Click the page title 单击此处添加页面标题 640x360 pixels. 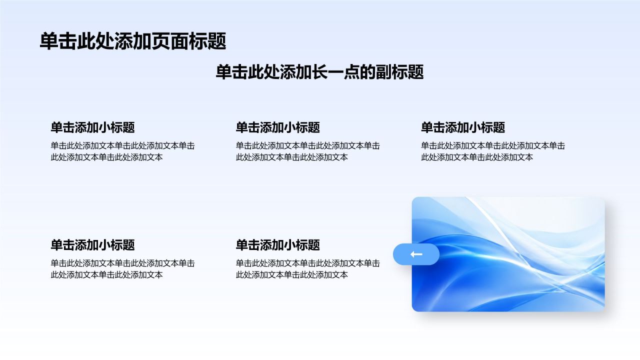point(133,41)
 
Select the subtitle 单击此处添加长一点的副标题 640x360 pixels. point(319,72)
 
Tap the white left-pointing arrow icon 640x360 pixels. point(416,254)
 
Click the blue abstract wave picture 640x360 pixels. point(508,254)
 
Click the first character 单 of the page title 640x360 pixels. point(49,41)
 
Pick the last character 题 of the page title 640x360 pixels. point(217,41)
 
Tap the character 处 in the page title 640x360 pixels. point(105,41)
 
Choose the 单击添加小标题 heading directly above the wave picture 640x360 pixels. point(463,127)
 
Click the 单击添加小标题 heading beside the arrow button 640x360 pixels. point(277,245)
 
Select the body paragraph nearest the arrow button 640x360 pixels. point(307,269)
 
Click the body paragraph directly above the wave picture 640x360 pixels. point(493,151)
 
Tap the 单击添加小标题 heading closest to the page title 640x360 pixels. point(92,127)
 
